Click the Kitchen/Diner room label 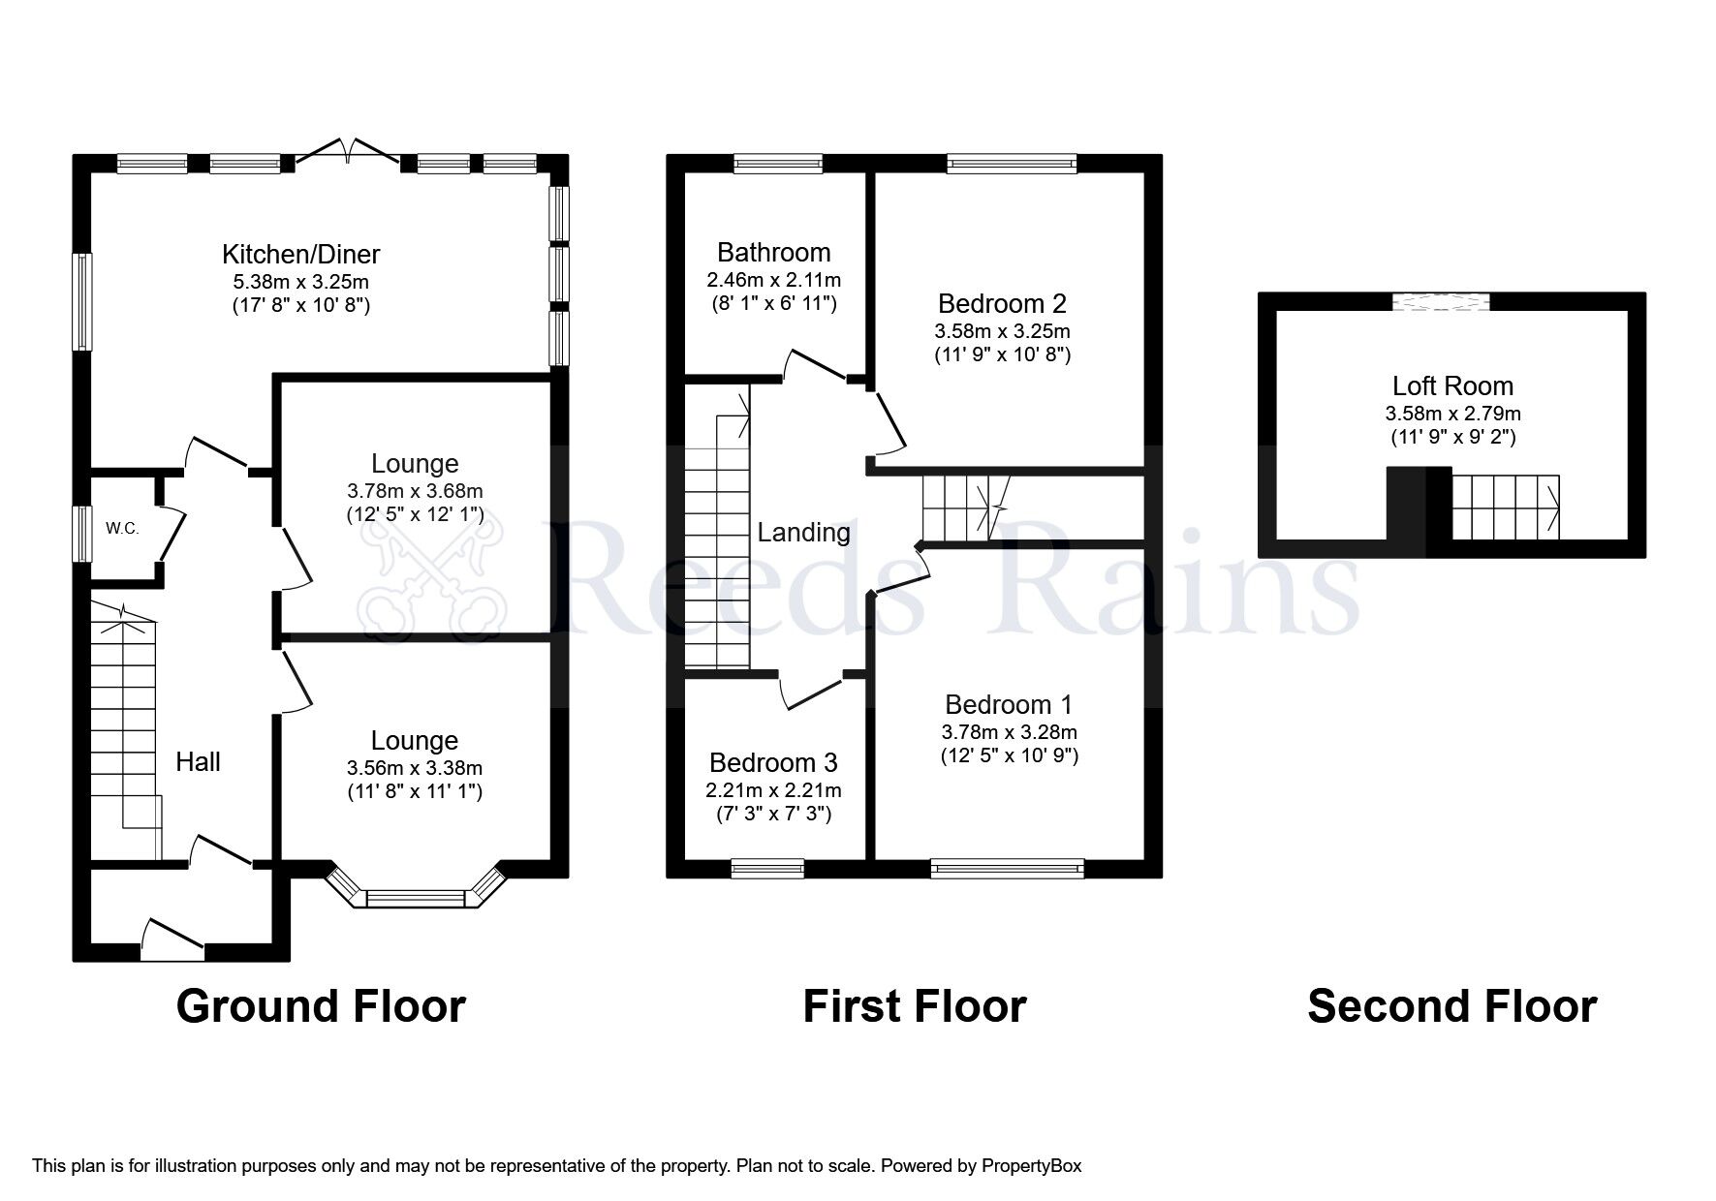300,254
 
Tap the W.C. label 123,529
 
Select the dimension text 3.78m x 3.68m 415,491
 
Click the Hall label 198,762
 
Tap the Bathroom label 773,253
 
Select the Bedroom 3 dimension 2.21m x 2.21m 773,789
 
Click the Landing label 803,532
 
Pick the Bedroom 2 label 1002,303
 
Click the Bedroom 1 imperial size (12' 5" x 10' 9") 1009,755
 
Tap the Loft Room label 1451,386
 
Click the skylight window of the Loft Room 1441,301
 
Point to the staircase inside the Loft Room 1506,506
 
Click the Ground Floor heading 321,1006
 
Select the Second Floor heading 1451,1006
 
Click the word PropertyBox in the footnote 1031,1166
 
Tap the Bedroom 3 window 767,869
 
